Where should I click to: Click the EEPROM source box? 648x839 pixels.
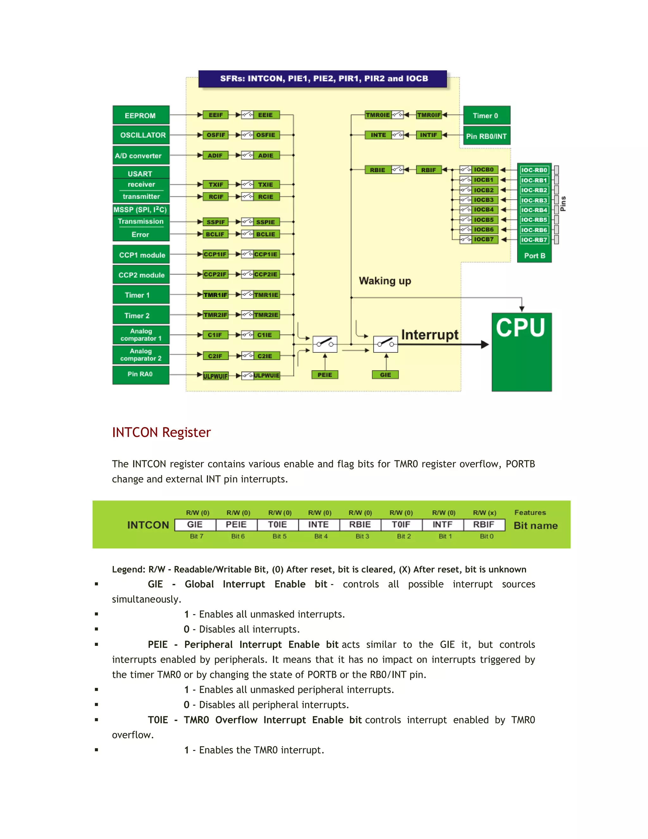coord(140,115)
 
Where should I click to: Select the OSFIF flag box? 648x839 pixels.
coord(216,135)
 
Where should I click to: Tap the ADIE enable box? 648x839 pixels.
coord(266,155)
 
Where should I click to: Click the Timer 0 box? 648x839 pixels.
coord(486,116)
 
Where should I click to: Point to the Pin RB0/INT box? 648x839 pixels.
coord(486,136)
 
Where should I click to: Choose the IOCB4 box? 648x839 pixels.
coord(484,209)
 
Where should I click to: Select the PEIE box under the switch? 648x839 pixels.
coord(325,375)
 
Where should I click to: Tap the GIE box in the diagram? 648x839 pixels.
coord(385,375)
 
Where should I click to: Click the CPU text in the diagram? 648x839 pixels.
coord(520,328)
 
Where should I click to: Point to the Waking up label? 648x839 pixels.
coord(385,281)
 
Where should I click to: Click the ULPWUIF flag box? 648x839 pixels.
coord(215,376)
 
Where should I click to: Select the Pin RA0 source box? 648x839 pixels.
coord(140,374)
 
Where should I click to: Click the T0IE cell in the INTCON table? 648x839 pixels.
coord(277,524)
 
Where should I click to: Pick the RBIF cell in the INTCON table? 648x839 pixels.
coord(483,524)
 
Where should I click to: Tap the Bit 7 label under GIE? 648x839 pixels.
coord(196,536)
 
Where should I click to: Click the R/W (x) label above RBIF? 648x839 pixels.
coord(484,513)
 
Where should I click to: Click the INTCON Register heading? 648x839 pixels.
coord(161,432)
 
